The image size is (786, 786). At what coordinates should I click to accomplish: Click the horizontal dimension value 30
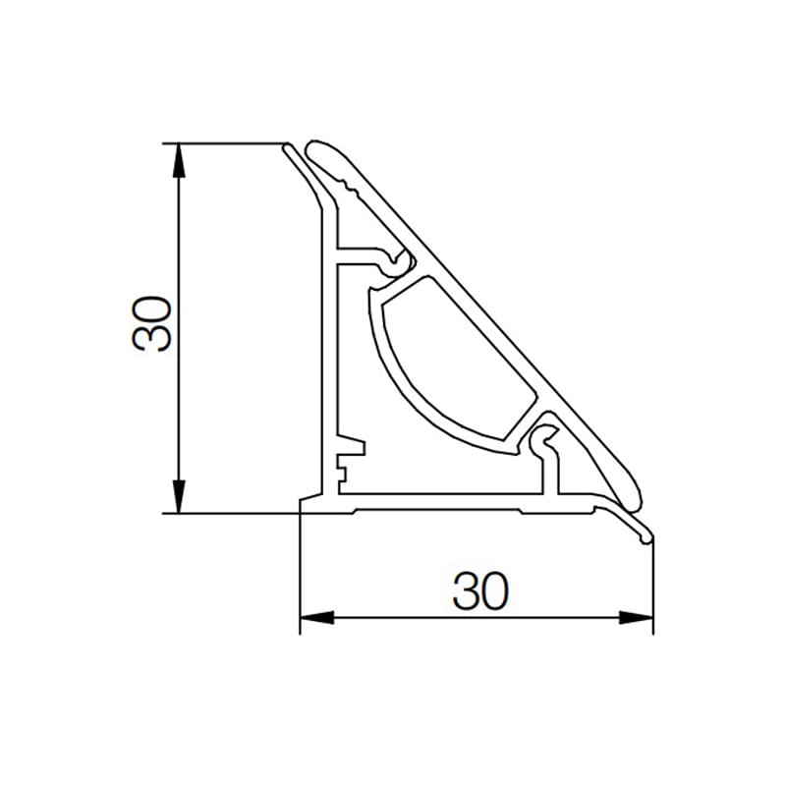(x=480, y=590)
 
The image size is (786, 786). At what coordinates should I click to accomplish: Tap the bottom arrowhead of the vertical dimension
(x=179, y=496)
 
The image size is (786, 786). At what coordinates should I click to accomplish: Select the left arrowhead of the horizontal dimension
(x=316, y=618)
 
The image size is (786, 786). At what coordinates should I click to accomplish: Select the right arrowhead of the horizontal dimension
(x=636, y=618)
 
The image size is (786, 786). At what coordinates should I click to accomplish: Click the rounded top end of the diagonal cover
(x=316, y=149)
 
